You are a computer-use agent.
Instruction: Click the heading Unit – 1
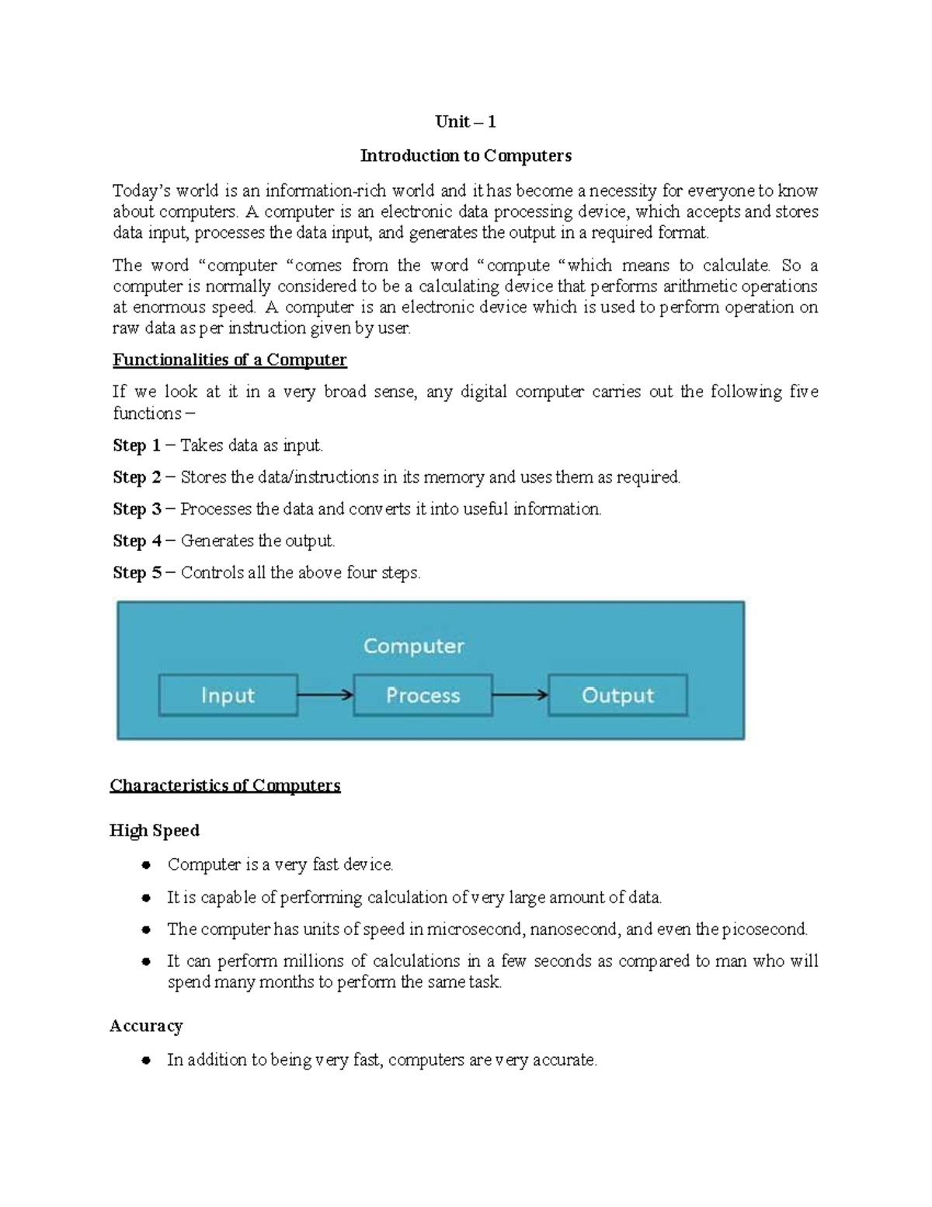pos(465,121)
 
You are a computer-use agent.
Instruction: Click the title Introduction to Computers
pos(465,155)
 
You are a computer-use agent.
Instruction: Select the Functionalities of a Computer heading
pos(229,360)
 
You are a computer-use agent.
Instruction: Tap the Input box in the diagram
pos(228,695)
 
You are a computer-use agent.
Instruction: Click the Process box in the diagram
pos(423,695)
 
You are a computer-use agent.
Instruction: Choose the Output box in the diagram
pos(617,695)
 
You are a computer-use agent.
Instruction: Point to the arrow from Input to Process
pos(325,695)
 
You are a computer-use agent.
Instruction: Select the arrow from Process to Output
pos(520,695)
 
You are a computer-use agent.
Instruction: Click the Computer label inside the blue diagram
pos(413,646)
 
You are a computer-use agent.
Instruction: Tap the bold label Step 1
pos(136,445)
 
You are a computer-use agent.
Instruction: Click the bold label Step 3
pos(136,509)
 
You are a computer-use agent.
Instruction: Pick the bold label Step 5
pos(136,573)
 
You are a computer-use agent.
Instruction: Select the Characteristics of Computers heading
pos(225,785)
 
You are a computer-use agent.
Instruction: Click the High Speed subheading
pos(155,830)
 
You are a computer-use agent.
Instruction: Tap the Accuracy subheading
pos(146,1026)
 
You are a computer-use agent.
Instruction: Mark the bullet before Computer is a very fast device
pos(145,865)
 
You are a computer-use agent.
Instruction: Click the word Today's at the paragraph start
pos(141,191)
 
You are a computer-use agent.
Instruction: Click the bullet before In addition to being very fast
pos(145,1060)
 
